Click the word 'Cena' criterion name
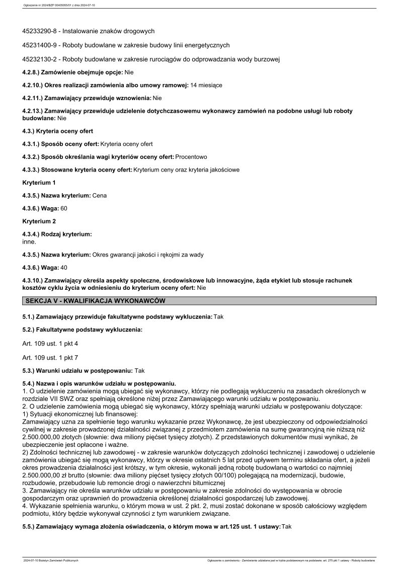[100, 195]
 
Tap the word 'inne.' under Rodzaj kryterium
[30, 241]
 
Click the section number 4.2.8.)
[31, 72]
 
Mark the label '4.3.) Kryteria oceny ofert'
[58, 131]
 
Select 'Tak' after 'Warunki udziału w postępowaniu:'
[140, 370]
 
